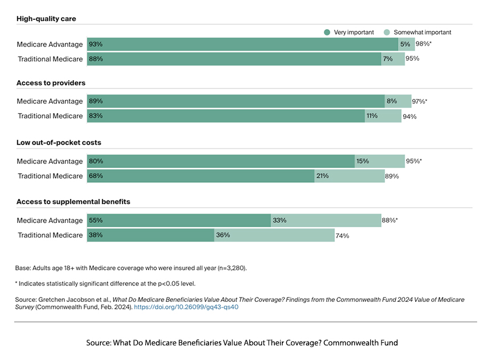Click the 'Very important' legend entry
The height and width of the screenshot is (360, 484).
pos(349,32)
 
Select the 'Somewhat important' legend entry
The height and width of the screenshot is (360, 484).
pos(418,32)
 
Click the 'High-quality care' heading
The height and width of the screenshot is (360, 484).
pos(46,19)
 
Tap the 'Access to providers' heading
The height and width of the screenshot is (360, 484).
pos(51,83)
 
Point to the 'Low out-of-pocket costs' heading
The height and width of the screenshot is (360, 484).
pos(59,142)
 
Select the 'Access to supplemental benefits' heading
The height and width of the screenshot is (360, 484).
pos(73,202)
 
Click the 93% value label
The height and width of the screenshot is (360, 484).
pos(95,44)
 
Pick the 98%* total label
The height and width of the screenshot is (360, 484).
pos(423,44)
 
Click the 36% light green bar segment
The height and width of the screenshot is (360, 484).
pos(274,235)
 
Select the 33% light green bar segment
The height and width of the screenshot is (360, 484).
pos(326,220)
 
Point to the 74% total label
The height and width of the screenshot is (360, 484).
pos(342,235)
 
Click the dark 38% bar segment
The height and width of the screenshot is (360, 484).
pos(150,235)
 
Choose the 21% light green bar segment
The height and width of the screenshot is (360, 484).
pos(350,176)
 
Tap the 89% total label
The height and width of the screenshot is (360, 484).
pos(392,176)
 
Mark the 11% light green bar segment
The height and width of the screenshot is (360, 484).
pos(383,116)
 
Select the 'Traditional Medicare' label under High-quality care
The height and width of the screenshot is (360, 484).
pos(50,59)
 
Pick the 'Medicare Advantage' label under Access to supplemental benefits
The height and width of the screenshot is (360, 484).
pos(50,220)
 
